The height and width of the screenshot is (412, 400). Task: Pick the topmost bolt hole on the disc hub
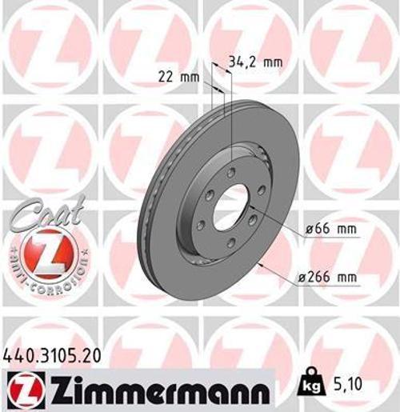pyautogui.click(x=231, y=173)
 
